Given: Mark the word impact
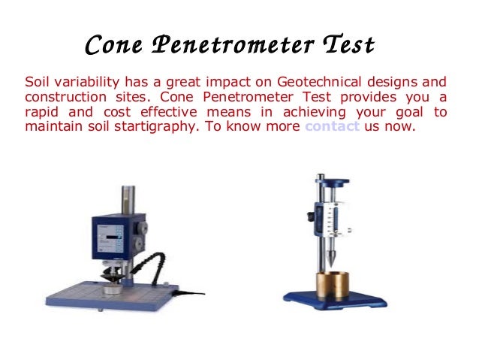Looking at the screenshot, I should [x=216, y=82].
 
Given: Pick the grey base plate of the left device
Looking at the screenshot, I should [x=98, y=301].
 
